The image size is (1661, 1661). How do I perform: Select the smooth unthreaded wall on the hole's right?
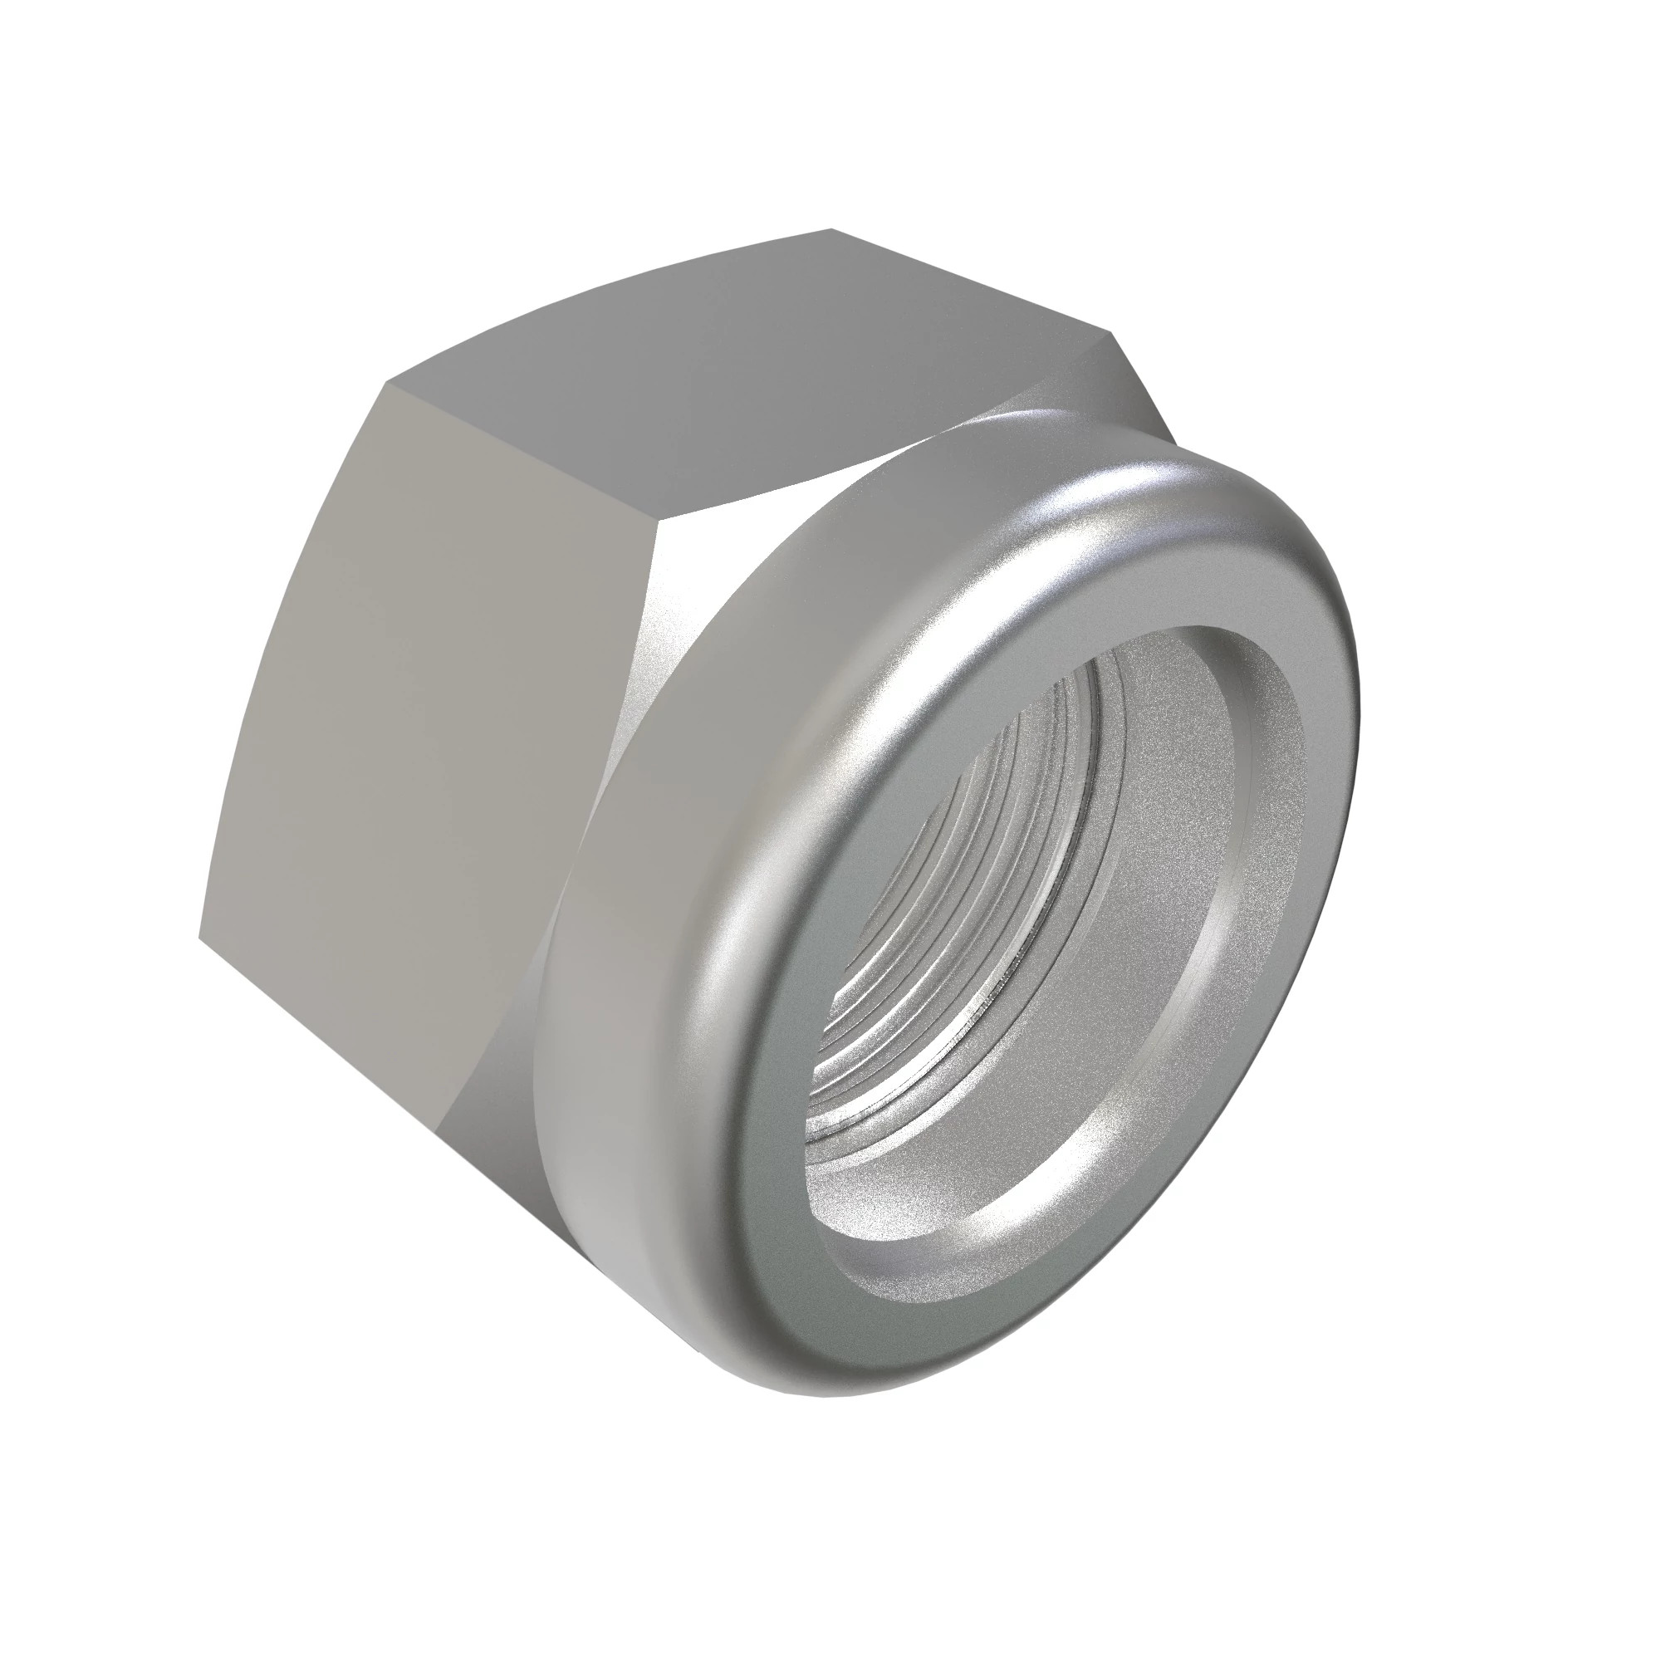1152,860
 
